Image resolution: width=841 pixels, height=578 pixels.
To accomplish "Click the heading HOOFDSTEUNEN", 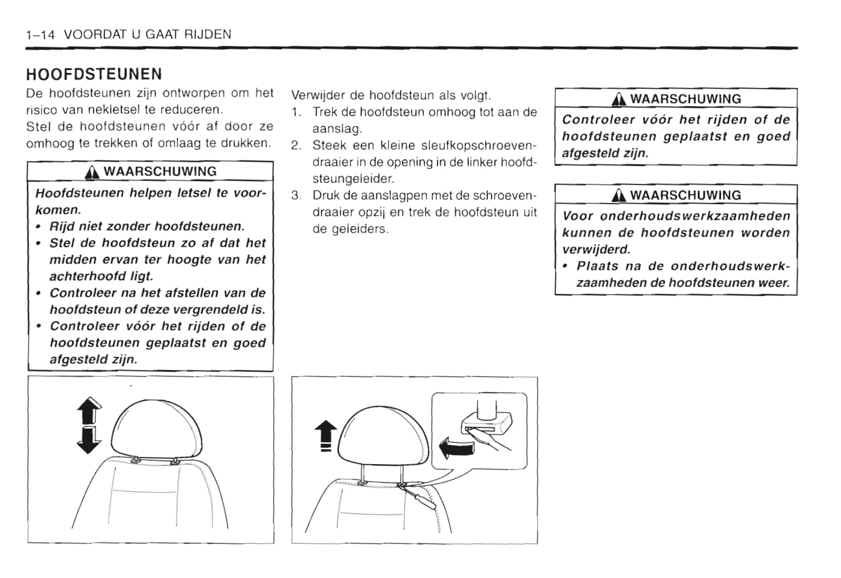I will (94, 74).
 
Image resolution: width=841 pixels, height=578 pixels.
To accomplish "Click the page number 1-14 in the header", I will (40, 34).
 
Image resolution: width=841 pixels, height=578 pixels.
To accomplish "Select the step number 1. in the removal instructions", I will (297, 112).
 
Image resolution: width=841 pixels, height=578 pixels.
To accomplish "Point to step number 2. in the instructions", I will (297, 146).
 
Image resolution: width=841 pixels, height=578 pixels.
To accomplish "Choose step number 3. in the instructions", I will (297, 195).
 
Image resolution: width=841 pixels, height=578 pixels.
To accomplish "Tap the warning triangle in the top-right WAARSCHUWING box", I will (620, 100).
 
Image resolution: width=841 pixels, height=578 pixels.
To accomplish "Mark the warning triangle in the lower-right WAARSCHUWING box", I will (620, 196).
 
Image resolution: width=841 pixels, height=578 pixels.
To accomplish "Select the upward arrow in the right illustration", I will (326, 432).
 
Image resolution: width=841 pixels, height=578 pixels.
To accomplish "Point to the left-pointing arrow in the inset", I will (456, 447).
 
